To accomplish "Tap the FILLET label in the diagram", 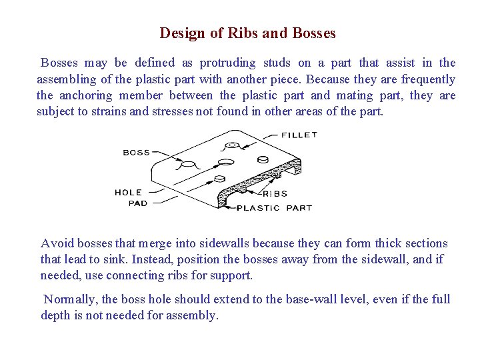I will (x=299, y=135).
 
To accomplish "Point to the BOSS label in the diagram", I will (x=137, y=153).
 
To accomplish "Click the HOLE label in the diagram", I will (x=128, y=193).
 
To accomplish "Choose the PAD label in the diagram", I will (x=138, y=203).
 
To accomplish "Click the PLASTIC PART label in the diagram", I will (x=275, y=208).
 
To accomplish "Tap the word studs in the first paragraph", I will (x=276, y=63).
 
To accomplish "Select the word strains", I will (x=108, y=111).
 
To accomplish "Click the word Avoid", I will (x=56, y=243).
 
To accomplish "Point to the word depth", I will (x=55, y=315).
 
